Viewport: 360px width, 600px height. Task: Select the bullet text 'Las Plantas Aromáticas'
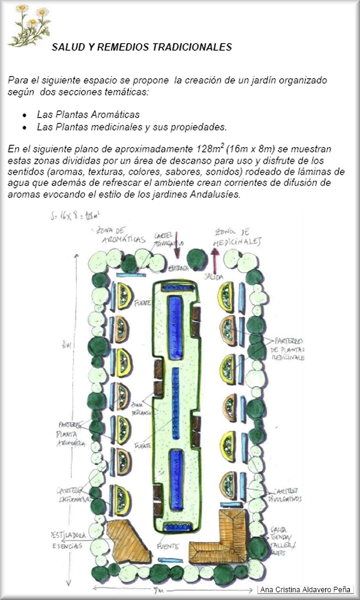coord(88,114)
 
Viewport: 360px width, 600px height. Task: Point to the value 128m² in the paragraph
coord(210,149)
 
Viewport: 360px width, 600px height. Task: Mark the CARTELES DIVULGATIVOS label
coord(283,494)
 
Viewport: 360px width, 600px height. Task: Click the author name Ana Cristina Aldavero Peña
coord(305,589)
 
